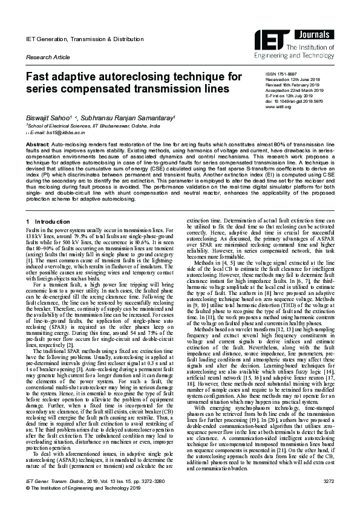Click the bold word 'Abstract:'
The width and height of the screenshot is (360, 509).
click(x=38, y=146)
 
